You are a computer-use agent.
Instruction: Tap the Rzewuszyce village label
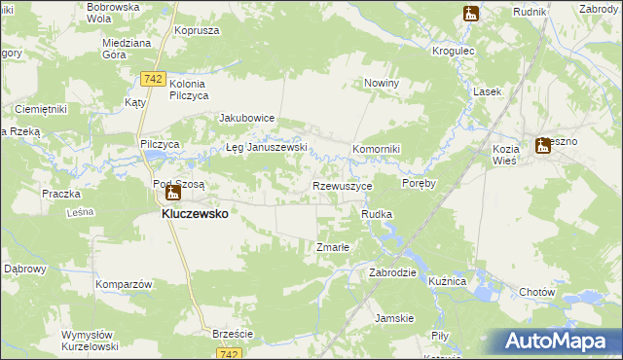342,185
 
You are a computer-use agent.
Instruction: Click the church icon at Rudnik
470,14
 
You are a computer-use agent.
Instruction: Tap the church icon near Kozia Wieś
543,147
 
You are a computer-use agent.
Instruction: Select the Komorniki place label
377,148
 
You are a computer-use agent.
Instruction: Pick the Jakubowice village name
247,118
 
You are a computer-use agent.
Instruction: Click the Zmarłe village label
333,247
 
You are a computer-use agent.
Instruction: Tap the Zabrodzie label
392,272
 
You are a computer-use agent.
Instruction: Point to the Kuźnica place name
448,280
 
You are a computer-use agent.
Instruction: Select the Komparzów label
124,284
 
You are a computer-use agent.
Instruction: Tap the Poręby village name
419,182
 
